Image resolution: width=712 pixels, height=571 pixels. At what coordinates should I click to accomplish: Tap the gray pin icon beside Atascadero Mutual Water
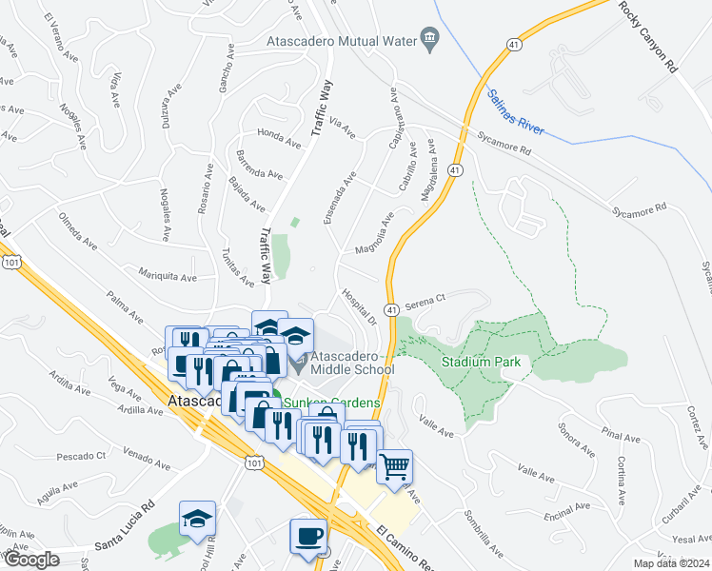[x=430, y=39]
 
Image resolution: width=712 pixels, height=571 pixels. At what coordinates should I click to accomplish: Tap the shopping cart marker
[x=394, y=466]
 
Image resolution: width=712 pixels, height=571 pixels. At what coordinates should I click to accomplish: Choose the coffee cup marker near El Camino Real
[x=308, y=537]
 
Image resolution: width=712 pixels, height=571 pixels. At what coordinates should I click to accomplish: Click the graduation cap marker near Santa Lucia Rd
[x=198, y=519]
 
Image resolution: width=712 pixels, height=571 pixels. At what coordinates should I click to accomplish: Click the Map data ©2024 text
[x=671, y=563]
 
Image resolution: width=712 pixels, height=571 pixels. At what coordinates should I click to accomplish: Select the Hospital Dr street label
[x=360, y=306]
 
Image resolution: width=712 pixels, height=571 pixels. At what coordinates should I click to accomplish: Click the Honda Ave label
[x=279, y=138]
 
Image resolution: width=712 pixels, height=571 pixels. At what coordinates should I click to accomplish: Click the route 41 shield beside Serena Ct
[x=391, y=310]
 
